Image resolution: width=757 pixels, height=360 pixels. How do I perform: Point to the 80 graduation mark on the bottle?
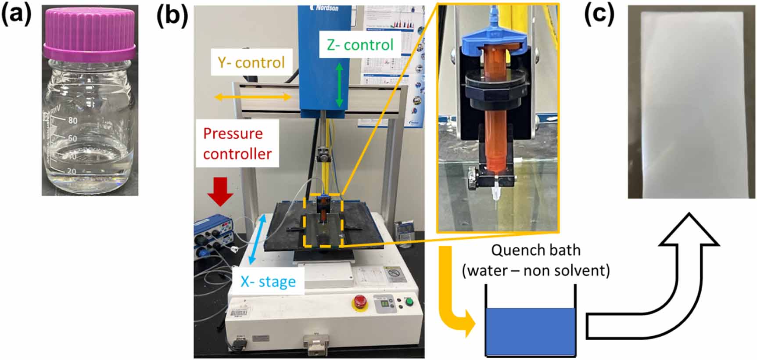(73, 120)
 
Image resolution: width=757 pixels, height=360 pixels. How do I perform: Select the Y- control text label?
(251, 62)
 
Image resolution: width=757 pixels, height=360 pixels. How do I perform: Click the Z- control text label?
(360, 45)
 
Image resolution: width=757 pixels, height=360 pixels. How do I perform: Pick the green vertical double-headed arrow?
(339, 85)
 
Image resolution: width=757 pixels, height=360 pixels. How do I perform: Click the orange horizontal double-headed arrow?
(253, 97)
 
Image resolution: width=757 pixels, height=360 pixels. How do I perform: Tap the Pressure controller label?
(237, 144)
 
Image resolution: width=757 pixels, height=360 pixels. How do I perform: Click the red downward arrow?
(220, 191)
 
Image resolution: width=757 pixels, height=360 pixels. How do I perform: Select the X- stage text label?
(268, 281)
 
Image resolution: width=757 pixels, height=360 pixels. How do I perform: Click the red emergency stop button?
(360, 302)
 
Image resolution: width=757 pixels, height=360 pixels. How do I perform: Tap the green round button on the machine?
(409, 302)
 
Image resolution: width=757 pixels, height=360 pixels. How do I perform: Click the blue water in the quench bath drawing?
(530, 331)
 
